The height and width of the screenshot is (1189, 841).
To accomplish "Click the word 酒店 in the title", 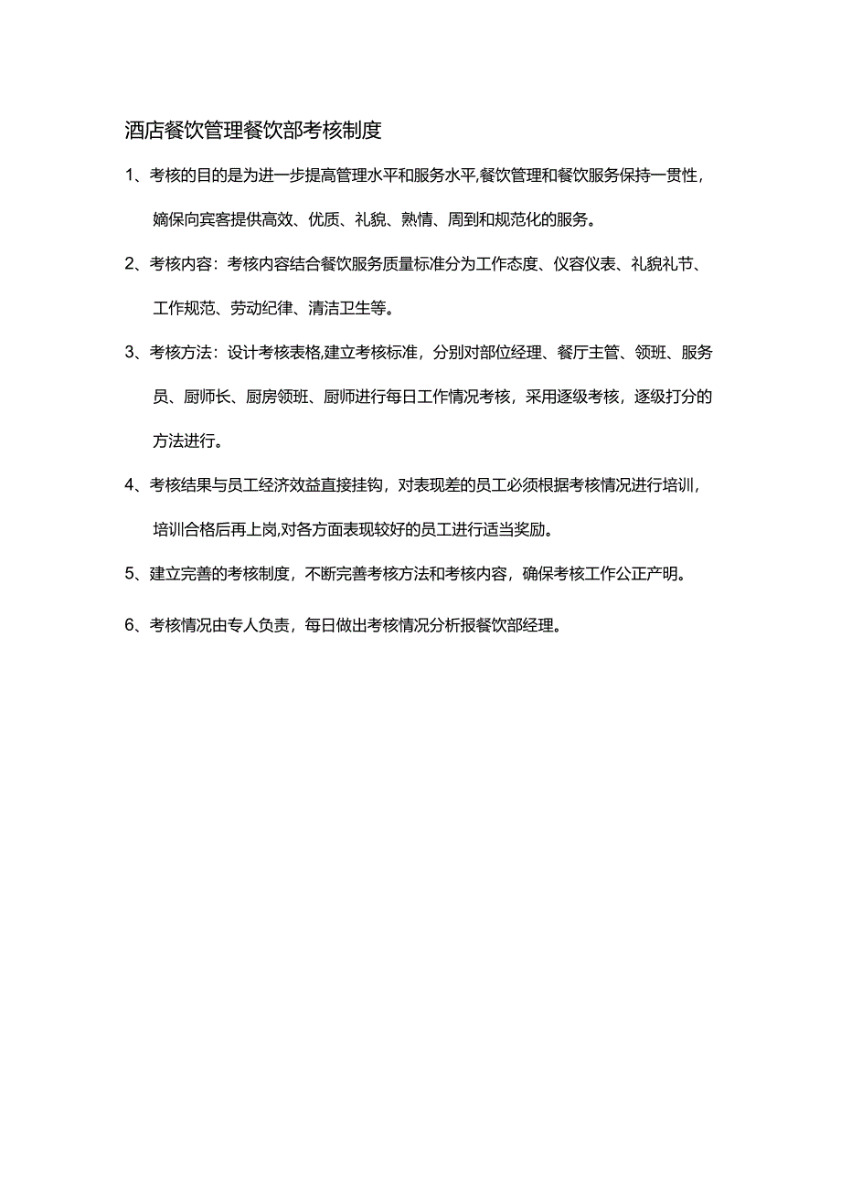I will pos(143,131).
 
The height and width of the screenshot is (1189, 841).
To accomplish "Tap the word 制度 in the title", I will pos(359,131).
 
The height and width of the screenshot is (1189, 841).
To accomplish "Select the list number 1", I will pos(130,176).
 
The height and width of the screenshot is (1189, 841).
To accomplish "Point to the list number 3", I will pos(130,353).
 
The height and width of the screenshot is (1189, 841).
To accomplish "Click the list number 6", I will pos(130,626).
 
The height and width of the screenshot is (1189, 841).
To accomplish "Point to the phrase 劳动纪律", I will pos(253,309).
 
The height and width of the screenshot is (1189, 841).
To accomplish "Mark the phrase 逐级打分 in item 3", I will pos(669,397).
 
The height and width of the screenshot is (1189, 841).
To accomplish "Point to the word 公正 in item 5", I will pos(624,575).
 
